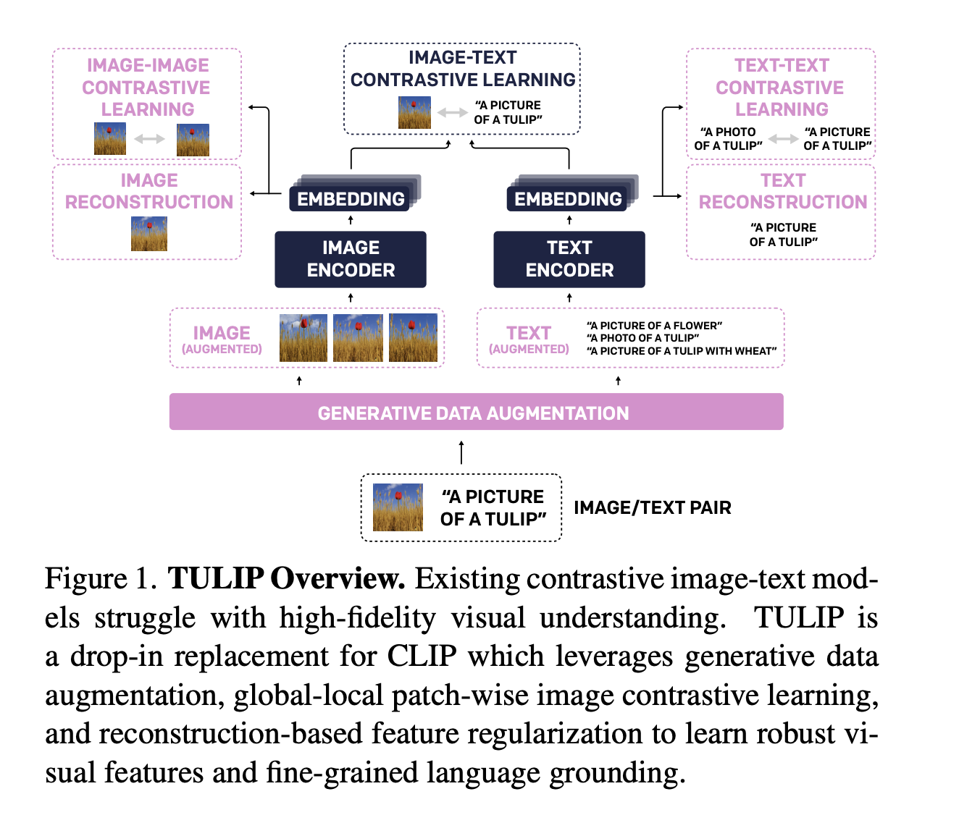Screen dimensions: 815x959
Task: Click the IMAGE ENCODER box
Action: pos(351,259)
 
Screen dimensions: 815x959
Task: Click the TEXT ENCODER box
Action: pos(569,259)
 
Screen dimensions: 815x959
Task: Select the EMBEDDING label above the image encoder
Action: pos(351,199)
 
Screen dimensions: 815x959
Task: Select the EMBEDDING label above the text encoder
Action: pos(568,199)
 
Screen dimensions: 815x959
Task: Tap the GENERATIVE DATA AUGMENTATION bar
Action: pos(476,413)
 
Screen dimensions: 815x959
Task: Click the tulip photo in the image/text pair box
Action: pos(398,507)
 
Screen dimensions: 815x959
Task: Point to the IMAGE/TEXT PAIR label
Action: pos(652,507)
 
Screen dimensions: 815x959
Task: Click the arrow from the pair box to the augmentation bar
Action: pos(461,452)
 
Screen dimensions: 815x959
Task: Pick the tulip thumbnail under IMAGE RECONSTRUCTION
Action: pos(149,234)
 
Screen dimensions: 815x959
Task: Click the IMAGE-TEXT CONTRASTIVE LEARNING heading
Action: pos(462,69)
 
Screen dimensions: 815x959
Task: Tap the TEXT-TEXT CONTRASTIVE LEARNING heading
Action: pos(781,87)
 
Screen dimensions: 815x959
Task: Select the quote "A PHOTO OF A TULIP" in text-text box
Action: pos(728,139)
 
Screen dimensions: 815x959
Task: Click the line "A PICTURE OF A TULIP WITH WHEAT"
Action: pos(682,351)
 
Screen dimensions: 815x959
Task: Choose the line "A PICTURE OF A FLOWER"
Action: pos(654,326)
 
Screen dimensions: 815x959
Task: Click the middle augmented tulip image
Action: pos(358,337)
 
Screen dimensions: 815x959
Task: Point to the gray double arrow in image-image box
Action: pos(150,139)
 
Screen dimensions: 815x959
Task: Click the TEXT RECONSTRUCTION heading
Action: pos(782,191)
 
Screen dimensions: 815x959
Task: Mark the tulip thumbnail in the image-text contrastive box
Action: pos(414,113)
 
